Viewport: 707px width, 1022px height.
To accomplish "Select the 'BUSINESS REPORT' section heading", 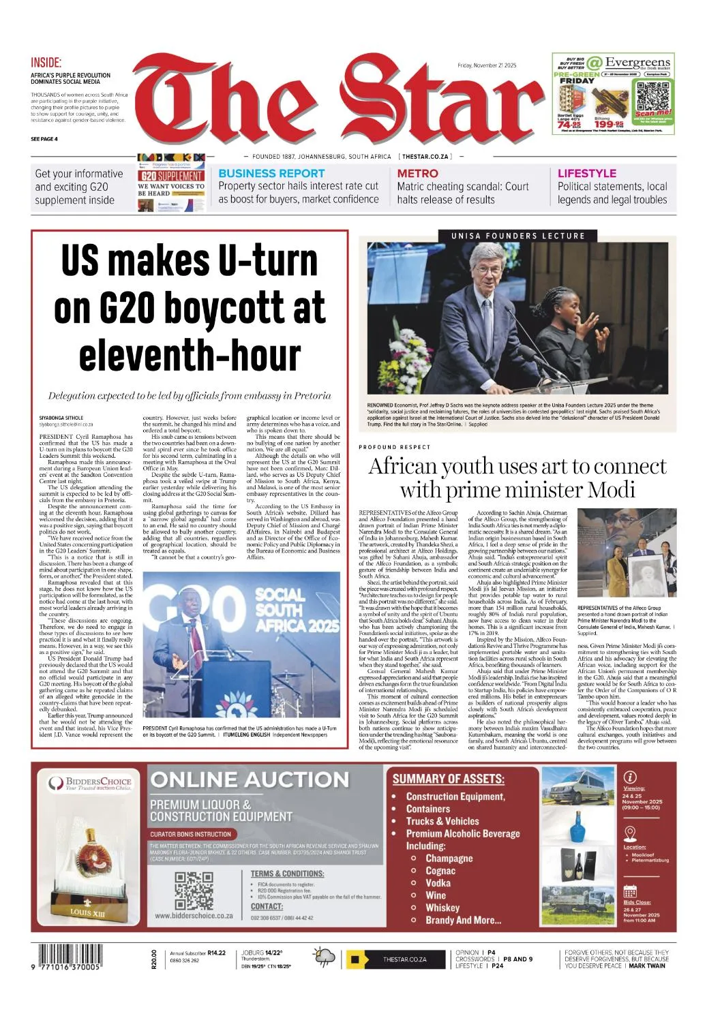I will pos(271,174).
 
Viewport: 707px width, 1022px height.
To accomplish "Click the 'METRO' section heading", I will pos(417,174).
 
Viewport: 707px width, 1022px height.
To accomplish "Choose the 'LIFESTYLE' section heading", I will pos(586,174).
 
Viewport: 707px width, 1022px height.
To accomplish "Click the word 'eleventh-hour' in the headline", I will pos(190,356).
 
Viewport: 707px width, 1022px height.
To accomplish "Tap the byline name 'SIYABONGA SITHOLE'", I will pos(61,418).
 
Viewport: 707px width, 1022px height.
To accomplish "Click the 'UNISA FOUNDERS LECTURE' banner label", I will pos(517,236).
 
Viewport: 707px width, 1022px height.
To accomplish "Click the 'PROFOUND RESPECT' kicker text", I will pos(395,447).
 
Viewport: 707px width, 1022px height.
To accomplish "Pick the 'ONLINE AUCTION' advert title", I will pos(249,780).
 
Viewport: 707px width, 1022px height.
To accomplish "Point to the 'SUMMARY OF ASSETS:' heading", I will pos(448,779).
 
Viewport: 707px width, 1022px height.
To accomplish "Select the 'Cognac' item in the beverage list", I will pos(440,871).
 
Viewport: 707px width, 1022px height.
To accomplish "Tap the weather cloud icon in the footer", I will pos(324,957).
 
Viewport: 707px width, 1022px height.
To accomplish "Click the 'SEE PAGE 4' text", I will pos(44,139).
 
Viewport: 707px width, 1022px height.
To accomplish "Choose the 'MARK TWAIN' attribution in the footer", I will pos(647,965).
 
